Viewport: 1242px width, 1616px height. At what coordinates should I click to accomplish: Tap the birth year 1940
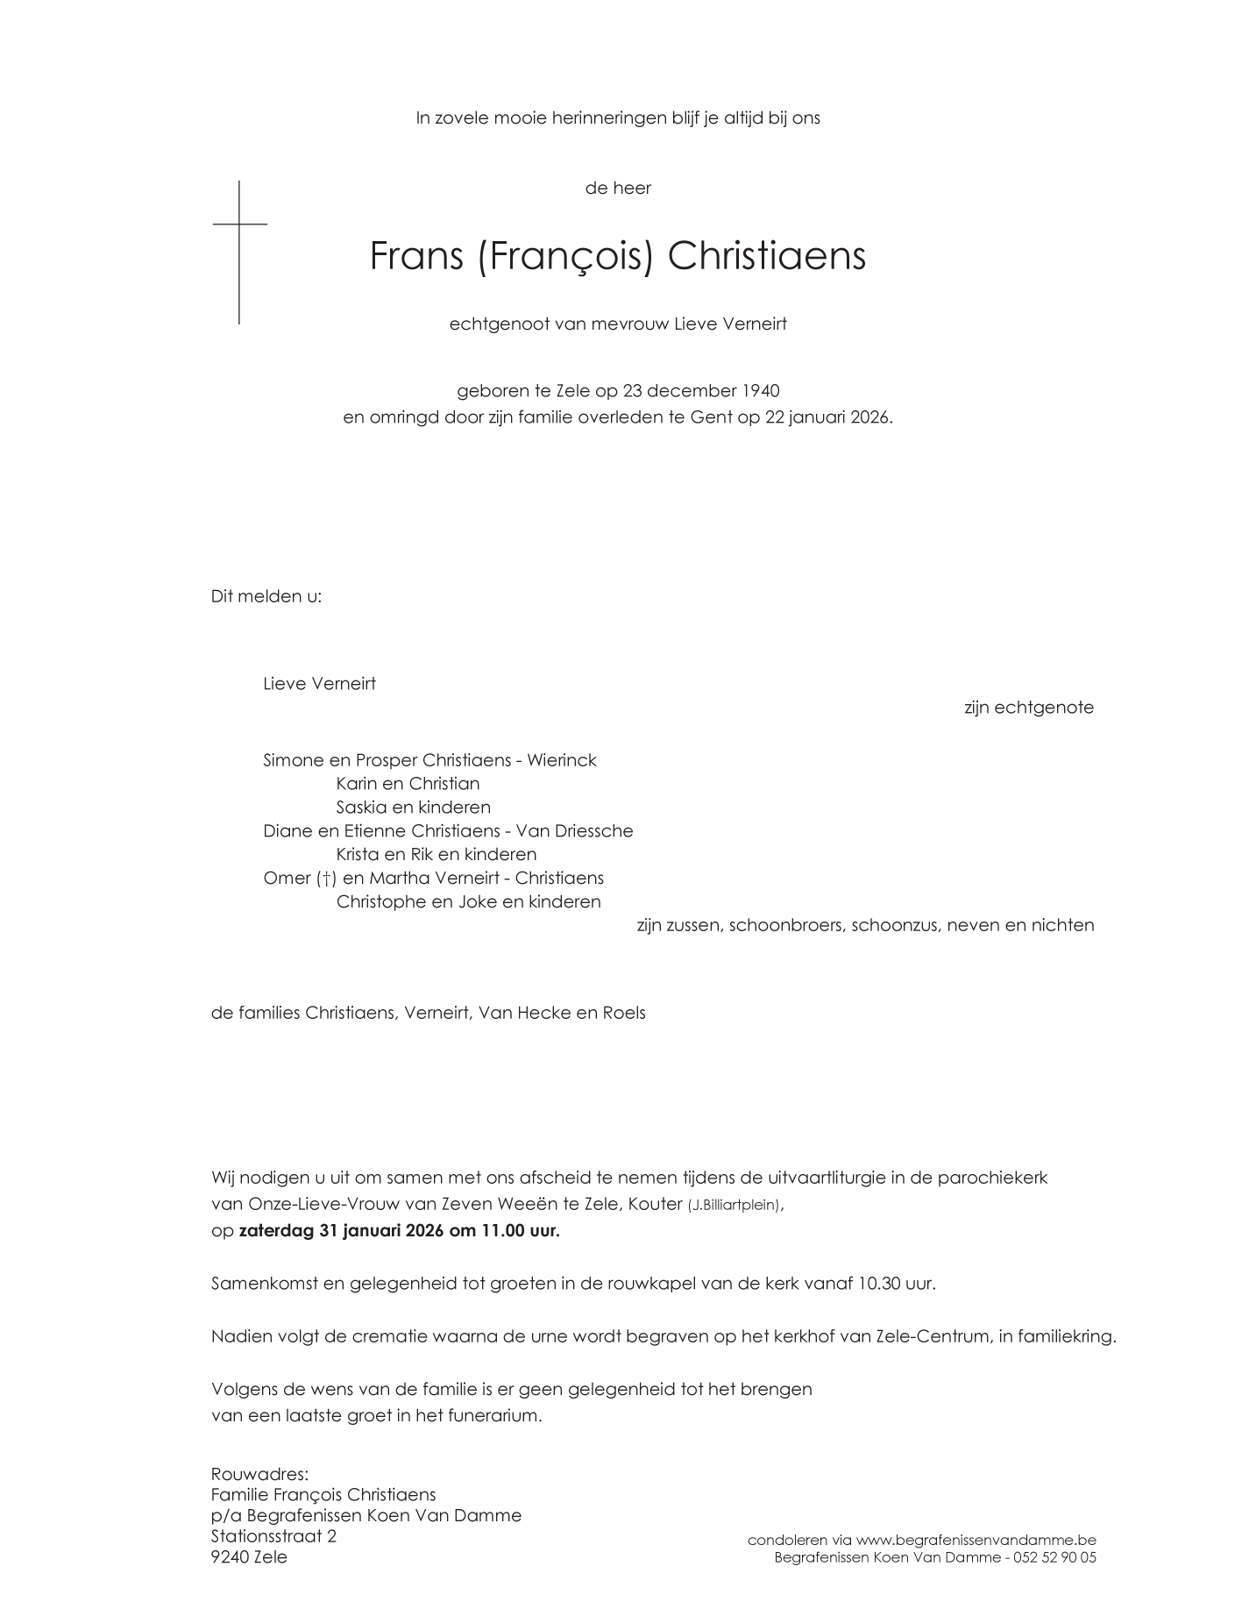tap(760, 390)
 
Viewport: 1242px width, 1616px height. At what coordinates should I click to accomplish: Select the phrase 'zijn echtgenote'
tap(1028, 708)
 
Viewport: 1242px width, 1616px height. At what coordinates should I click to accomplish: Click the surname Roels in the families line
tap(623, 1014)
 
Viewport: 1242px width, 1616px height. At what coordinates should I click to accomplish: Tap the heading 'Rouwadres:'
tap(259, 1474)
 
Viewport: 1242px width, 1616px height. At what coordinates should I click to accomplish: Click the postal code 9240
tap(230, 1557)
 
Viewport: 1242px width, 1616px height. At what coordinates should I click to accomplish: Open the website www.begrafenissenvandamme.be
tap(976, 1540)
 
